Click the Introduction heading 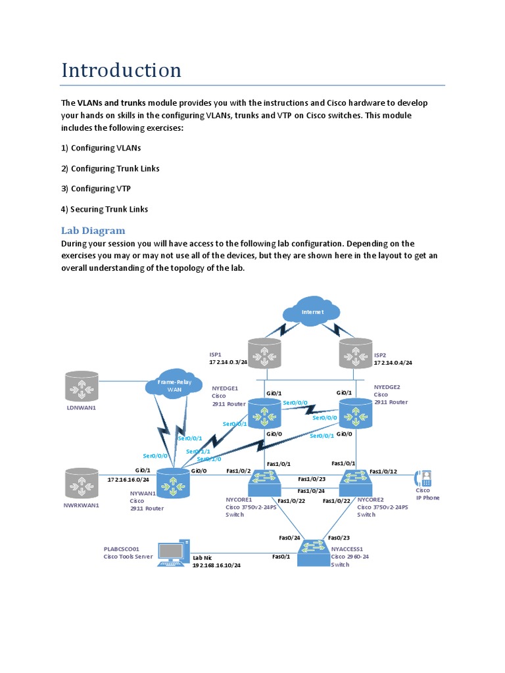[121, 70]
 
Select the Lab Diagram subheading [93, 230]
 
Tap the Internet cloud [312, 312]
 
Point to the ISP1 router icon [264, 354]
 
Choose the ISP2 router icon [356, 354]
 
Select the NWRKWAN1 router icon [82, 482]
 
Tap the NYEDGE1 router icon [264, 413]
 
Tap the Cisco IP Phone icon [424, 478]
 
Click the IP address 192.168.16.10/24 [216, 565]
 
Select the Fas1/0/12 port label [383, 471]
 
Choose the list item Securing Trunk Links [105, 209]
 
